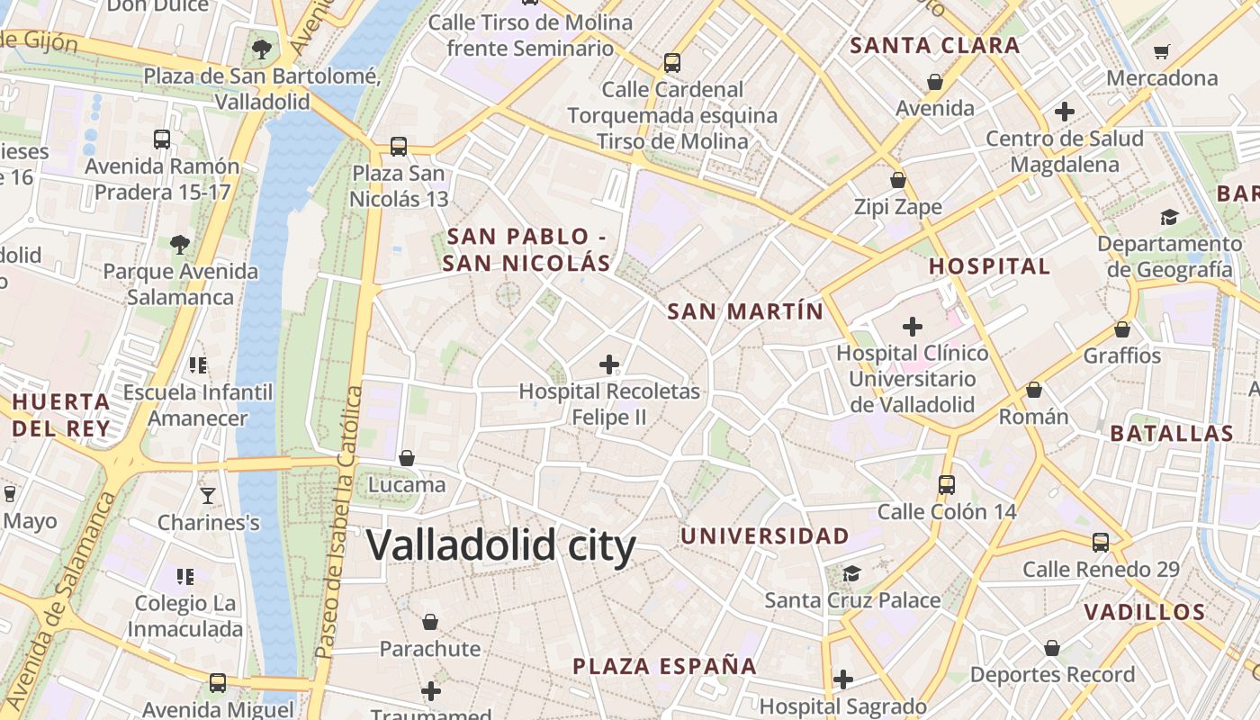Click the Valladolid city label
[501, 546]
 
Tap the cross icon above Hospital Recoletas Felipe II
[609, 364]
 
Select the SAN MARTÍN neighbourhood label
[745, 312]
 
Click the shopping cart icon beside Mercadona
[1162, 52]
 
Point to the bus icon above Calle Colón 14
[947, 485]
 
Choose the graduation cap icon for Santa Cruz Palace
[851, 573]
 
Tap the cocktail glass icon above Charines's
[208, 495]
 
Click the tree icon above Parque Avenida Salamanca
[180, 244]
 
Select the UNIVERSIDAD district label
[765, 536]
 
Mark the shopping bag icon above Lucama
[407, 458]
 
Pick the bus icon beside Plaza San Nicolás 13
[399, 146]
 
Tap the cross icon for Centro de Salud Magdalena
[1065, 112]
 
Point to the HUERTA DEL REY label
[61, 415]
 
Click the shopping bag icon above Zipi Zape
[897, 180]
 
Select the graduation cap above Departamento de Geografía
[1169, 217]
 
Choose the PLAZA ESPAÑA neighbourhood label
[665, 667]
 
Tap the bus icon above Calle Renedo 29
[1101, 542]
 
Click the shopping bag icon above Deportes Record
[1052, 648]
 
